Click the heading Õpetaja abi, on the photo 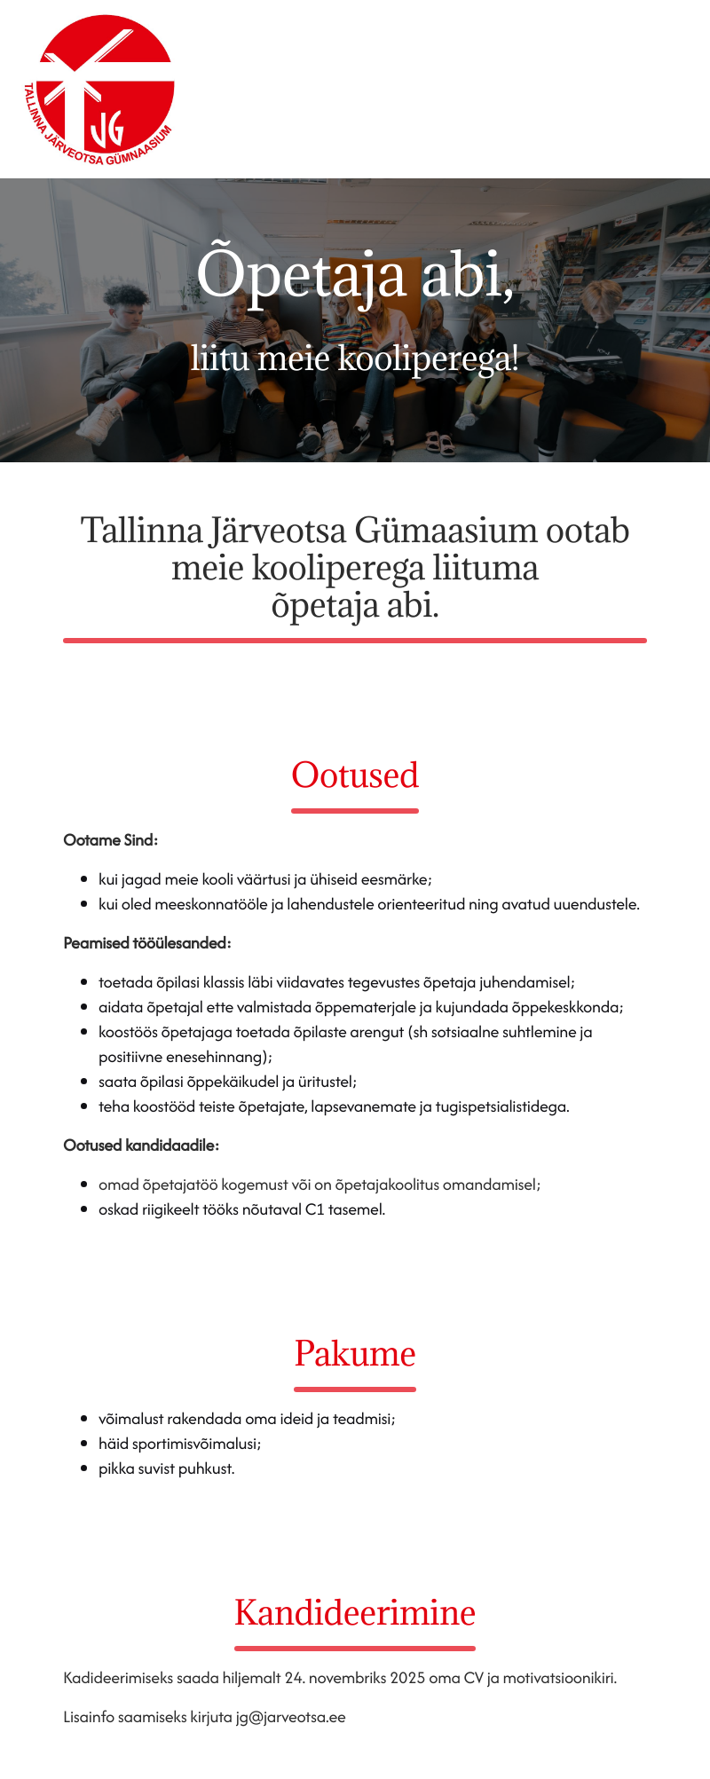coord(355,274)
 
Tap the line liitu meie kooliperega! coord(355,358)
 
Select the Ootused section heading coord(355,775)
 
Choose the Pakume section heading coord(355,1354)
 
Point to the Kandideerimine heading coord(355,1613)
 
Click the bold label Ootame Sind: coord(111,840)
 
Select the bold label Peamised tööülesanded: coord(147,943)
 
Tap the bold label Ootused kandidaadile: coord(141,1145)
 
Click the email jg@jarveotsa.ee coord(290,1717)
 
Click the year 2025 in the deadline coord(403,1678)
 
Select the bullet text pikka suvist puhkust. coord(167,1468)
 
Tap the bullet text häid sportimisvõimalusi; coord(180,1444)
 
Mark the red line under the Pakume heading coord(355,1389)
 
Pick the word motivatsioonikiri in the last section coord(559,1678)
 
